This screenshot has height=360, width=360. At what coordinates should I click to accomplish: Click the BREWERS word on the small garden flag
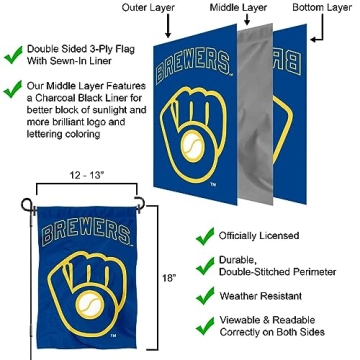72,220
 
